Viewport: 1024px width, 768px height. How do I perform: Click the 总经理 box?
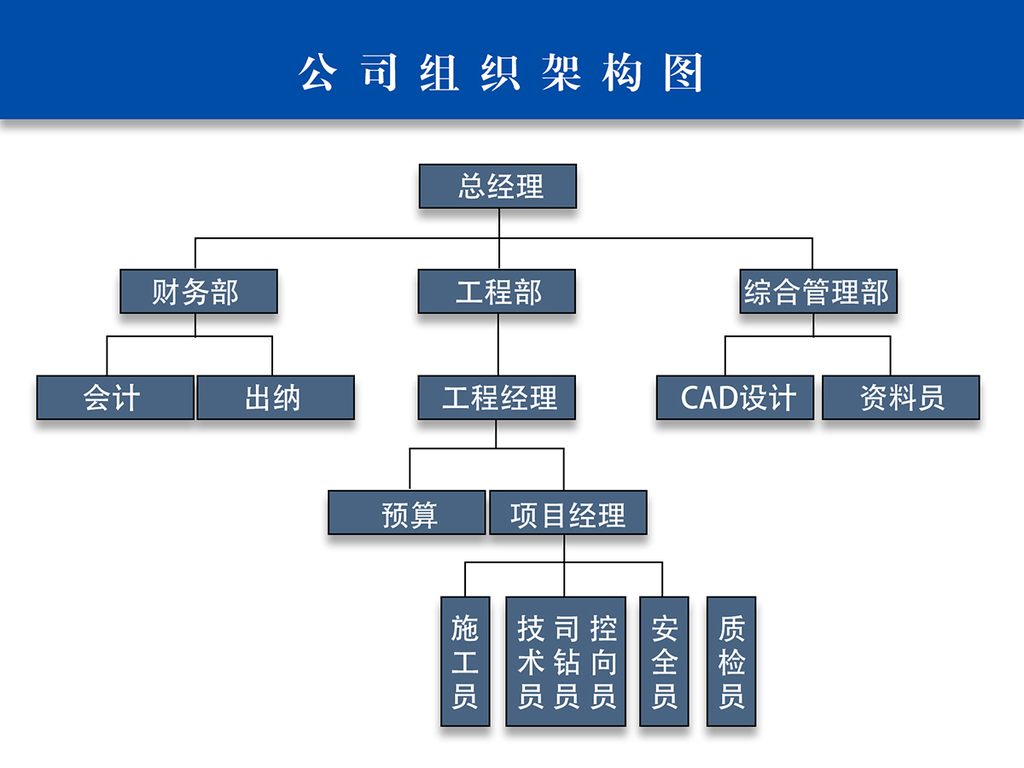click(x=497, y=187)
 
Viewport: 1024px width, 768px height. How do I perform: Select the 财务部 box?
click(x=198, y=292)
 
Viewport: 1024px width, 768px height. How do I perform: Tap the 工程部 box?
click(x=497, y=292)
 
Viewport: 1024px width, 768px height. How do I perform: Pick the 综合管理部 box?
click(x=817, y=292)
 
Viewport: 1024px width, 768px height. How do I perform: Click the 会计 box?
click(x=115, y=398)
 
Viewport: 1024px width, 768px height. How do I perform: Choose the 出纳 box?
click(x=275, y=398)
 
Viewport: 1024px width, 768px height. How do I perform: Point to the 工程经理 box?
click(x=497, y=398)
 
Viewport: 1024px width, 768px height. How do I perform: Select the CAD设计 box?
click(x=735, y=398)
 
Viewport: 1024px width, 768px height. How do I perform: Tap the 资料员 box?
click(x=900, y=398)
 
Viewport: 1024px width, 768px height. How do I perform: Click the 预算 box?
click(x=407, y=514)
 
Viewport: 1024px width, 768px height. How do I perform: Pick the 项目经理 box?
click(x=567, y=514)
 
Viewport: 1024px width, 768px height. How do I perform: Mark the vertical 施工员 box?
click(x=465, y=661)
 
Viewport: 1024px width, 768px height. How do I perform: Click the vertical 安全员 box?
click(x=664, y=661)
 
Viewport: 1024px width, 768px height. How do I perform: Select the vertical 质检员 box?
click(x=731, y=661)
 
